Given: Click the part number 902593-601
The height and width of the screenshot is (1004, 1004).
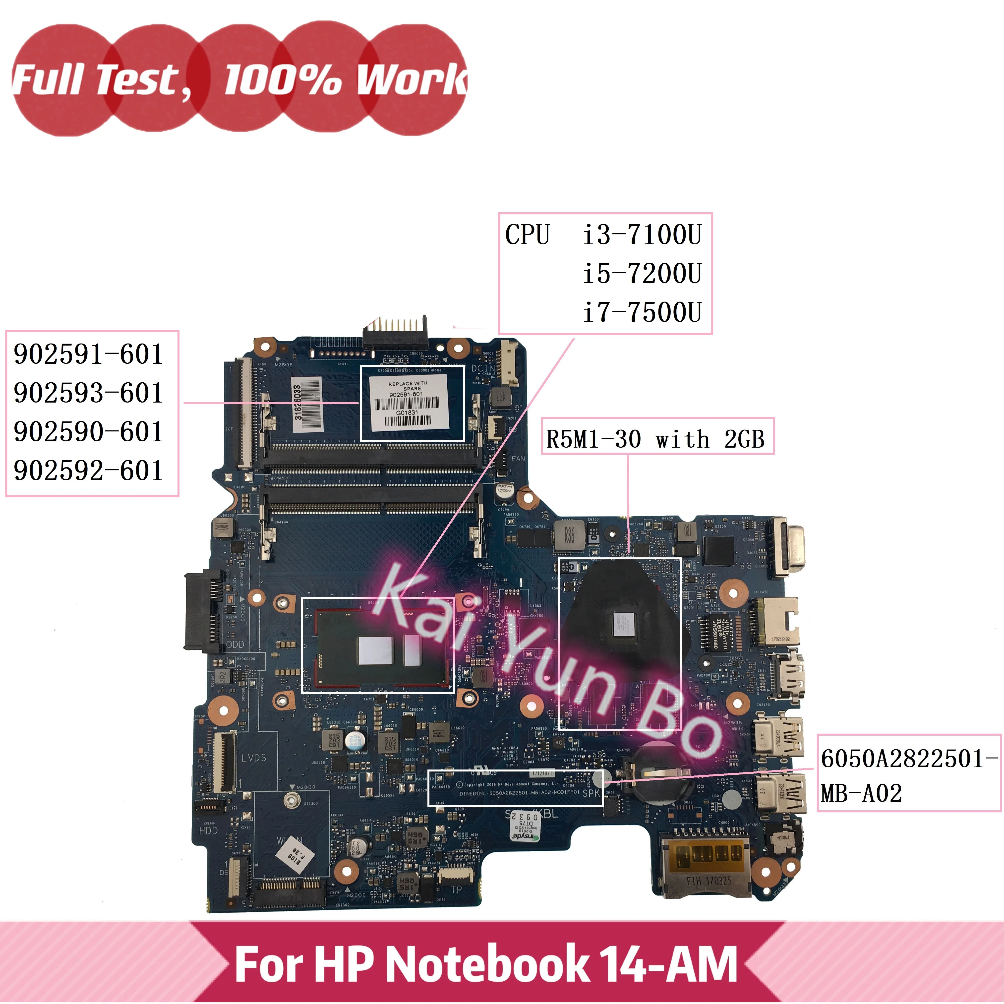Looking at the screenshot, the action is tap(88, 393).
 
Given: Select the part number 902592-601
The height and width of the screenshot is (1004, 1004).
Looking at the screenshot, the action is tap(88, 471).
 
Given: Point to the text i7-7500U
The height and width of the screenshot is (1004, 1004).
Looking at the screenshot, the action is tap(642, 312).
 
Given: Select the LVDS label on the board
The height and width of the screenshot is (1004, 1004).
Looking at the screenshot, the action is tap(254, 758).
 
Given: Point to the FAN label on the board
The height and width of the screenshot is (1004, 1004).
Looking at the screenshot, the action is tap(518, 458).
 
